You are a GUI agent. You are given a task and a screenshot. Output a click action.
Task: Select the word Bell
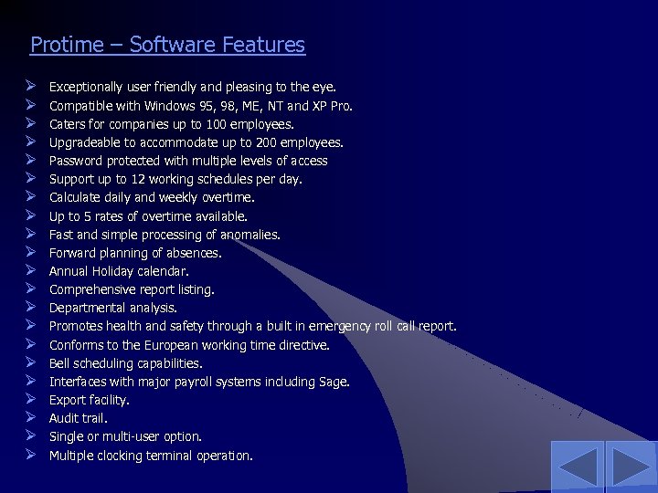click(59, 363)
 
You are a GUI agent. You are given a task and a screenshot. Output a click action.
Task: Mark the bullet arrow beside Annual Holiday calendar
click(30, 270)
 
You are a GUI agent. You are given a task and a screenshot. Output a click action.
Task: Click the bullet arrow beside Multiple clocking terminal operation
click(30, 455)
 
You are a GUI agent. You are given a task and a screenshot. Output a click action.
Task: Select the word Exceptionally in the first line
click(85, 88)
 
